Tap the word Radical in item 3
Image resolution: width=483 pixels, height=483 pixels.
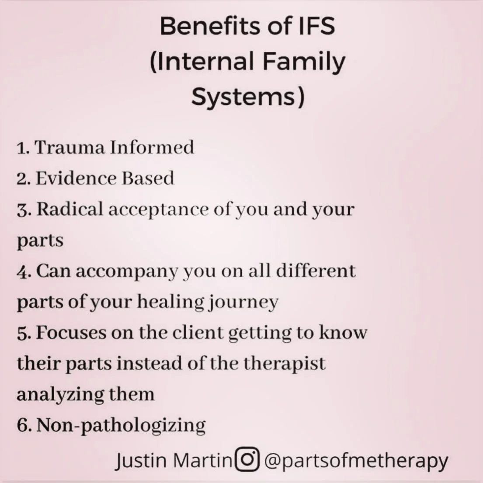69,209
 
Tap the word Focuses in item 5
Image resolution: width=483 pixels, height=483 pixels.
69,333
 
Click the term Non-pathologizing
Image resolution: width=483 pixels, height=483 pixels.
121,425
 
